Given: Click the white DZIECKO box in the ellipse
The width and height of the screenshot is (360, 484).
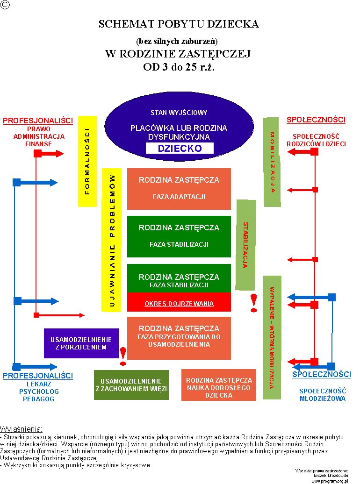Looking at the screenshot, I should click(x=180, y=149).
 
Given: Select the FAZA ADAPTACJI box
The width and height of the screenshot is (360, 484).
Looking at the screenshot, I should click(x=179, y=189).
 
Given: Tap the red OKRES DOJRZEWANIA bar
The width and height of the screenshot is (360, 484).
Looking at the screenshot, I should click(x=179, y=303).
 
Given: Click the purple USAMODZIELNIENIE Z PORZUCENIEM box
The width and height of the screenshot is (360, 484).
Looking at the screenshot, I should click(x=81, y=343).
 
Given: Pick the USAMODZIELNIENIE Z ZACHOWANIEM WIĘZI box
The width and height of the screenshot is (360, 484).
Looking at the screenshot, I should click(x=131, y=385).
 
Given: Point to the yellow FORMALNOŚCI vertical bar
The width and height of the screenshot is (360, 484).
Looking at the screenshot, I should click(x=87, y=161).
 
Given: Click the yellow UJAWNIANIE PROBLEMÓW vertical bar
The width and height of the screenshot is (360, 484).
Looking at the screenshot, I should click(x=112, y=240).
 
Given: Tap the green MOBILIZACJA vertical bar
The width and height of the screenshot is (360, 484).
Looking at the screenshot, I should click(x=272, y=162).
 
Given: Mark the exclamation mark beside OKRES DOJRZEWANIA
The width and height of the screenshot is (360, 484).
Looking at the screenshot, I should click(x=254, y=303).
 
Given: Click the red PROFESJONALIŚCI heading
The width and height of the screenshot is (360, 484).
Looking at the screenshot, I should click(x=38, y=121).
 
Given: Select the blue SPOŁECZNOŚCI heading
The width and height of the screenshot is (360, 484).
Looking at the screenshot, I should click(x=321, y=374).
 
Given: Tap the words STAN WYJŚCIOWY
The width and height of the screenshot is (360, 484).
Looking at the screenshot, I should click(x=179, y=113).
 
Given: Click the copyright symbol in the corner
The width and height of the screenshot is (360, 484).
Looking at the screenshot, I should click(x=5, y=5).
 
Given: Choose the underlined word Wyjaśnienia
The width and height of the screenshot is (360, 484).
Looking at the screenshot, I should click(x=22, y=429).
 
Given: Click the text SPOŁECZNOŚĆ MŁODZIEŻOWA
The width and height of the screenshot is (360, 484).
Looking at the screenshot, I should click(x=322, y=395).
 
